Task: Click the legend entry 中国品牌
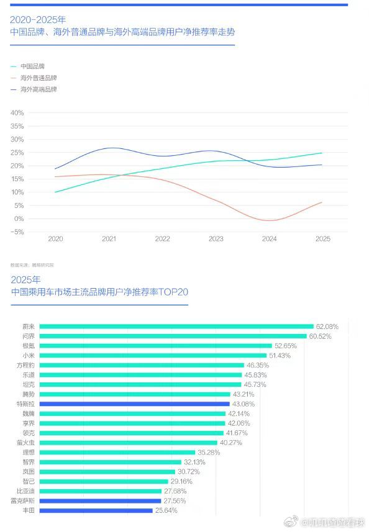(32, 66)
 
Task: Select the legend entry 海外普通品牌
(38, 78)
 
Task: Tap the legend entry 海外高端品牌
(38, 89)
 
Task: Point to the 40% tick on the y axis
(17, 113)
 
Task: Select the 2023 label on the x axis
(216, 239)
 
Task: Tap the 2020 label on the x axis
(55, 239)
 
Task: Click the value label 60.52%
(321, 336)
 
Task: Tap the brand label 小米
(29, 356)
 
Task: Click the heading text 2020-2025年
(38, 19)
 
